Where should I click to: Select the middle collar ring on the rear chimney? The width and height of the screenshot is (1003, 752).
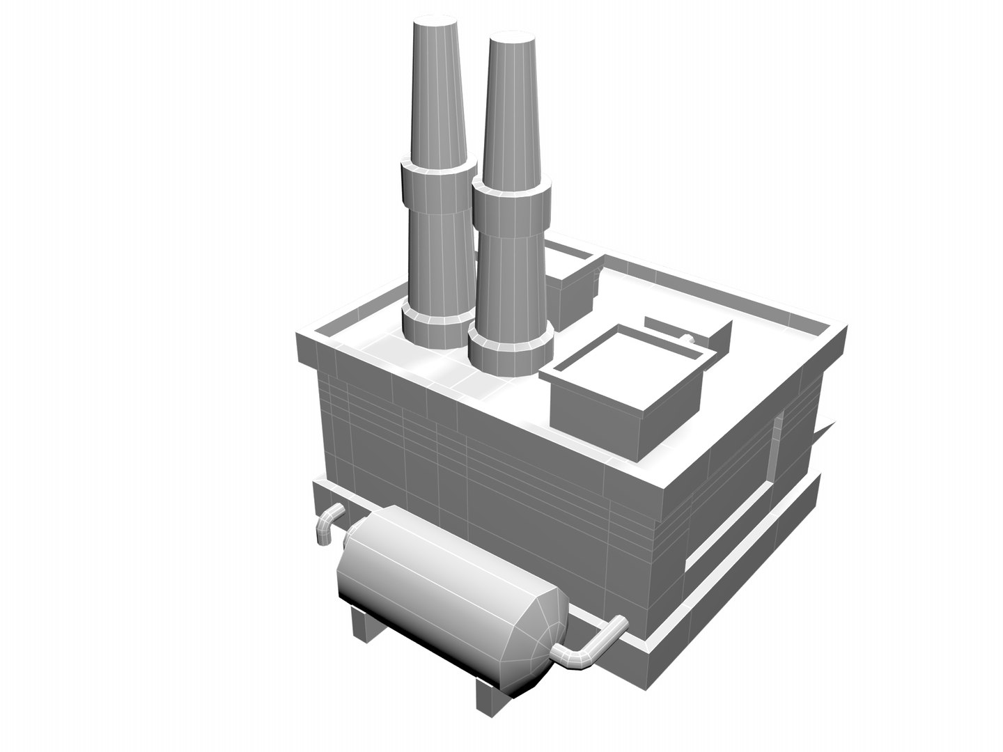click(x=437, y=185)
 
